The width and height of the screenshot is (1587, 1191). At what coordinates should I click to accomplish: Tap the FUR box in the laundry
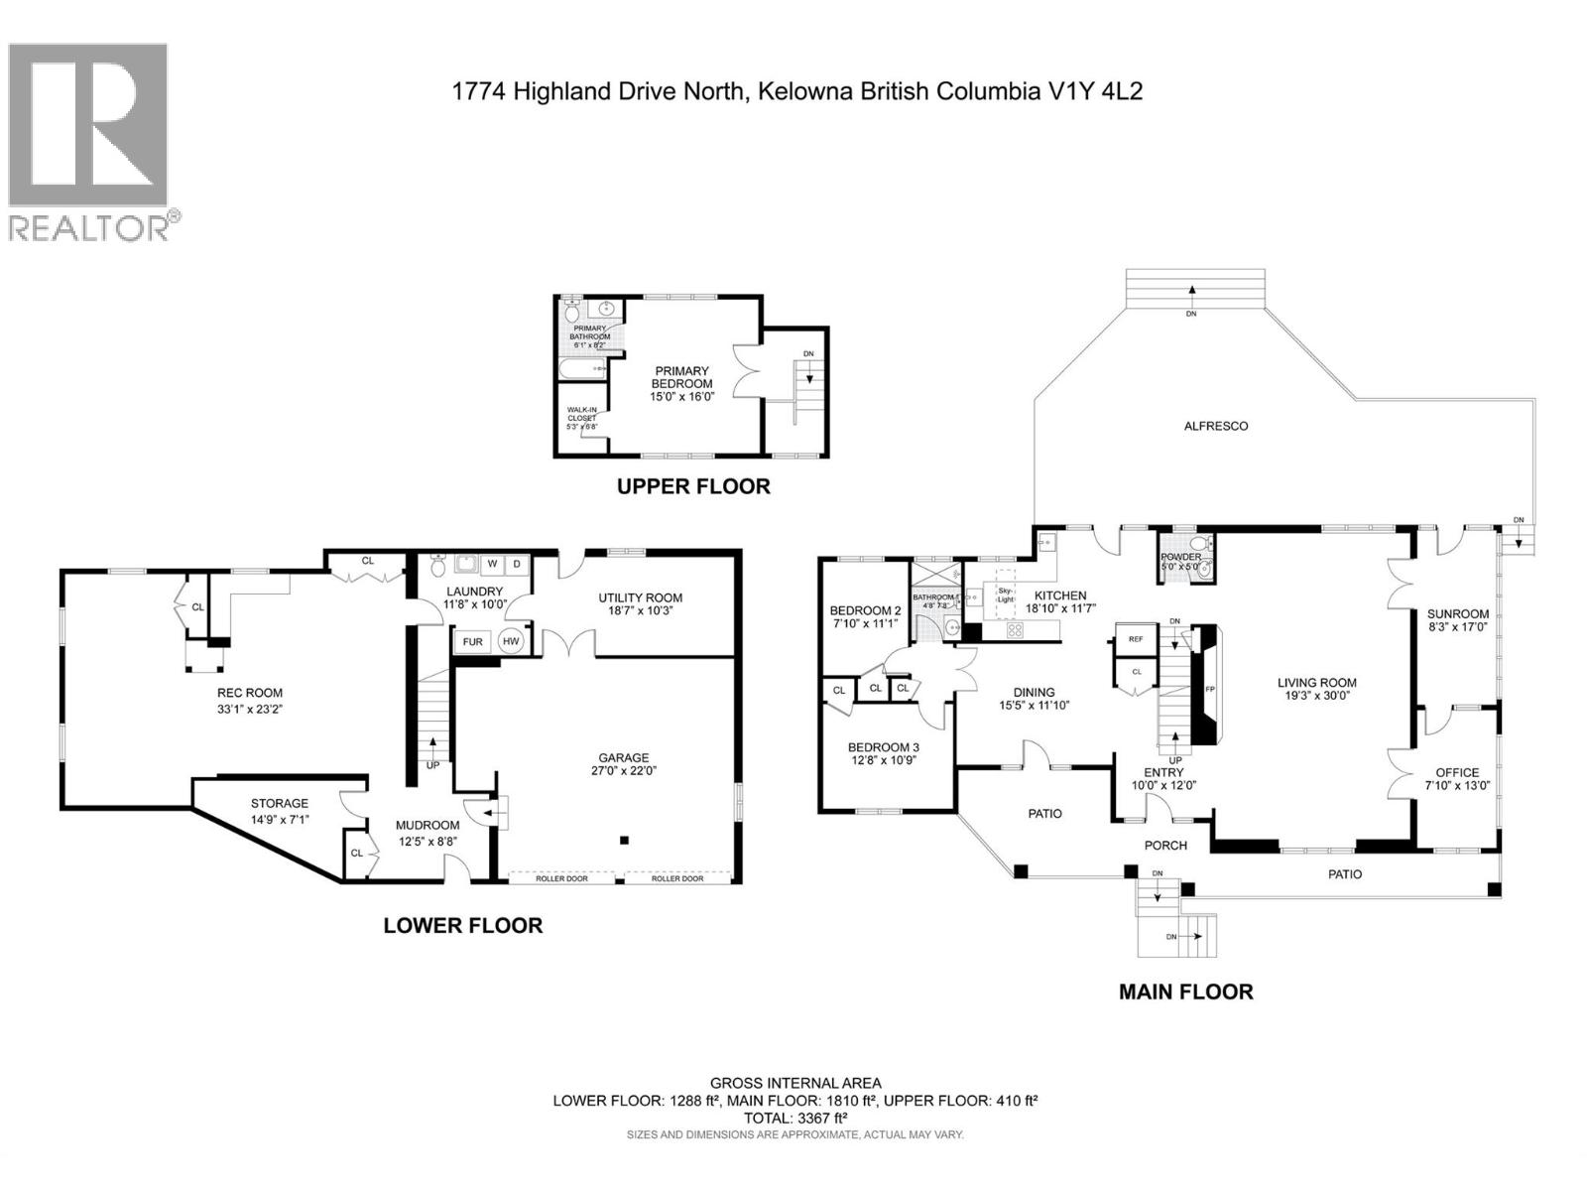click(x=473, y=641)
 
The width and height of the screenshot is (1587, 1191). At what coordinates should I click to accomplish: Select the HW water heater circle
click(x=512, y=641)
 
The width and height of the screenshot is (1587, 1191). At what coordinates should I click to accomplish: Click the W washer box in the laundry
click(x=491, y=564)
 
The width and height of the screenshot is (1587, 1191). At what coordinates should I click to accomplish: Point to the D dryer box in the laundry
click(x=517, y=564)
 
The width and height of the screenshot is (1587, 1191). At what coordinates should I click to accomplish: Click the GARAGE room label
click(x=623, y=757)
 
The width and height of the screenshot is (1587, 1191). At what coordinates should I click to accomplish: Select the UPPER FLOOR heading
click(x=693, y=486)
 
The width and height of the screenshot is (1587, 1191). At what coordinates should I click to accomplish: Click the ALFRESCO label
click(x=1216, y=426)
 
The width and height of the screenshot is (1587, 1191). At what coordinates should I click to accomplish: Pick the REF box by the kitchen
click(x=1136, y=639)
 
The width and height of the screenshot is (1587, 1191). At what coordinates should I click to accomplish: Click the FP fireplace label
click(x=1210, y=688)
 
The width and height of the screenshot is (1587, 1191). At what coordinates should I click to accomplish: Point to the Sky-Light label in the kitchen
click(x=1006, y=594)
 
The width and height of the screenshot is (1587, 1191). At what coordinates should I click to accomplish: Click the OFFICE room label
click(x=1457, y=772)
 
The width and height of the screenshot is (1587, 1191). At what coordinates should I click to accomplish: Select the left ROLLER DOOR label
click(x=562, y=878)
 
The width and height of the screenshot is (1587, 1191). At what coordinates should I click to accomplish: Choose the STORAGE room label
click(x=279, y=803)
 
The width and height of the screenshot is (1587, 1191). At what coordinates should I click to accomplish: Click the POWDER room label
click(x=1181, y=557)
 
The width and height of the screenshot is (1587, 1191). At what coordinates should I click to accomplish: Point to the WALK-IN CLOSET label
click(x=582, y=415)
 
